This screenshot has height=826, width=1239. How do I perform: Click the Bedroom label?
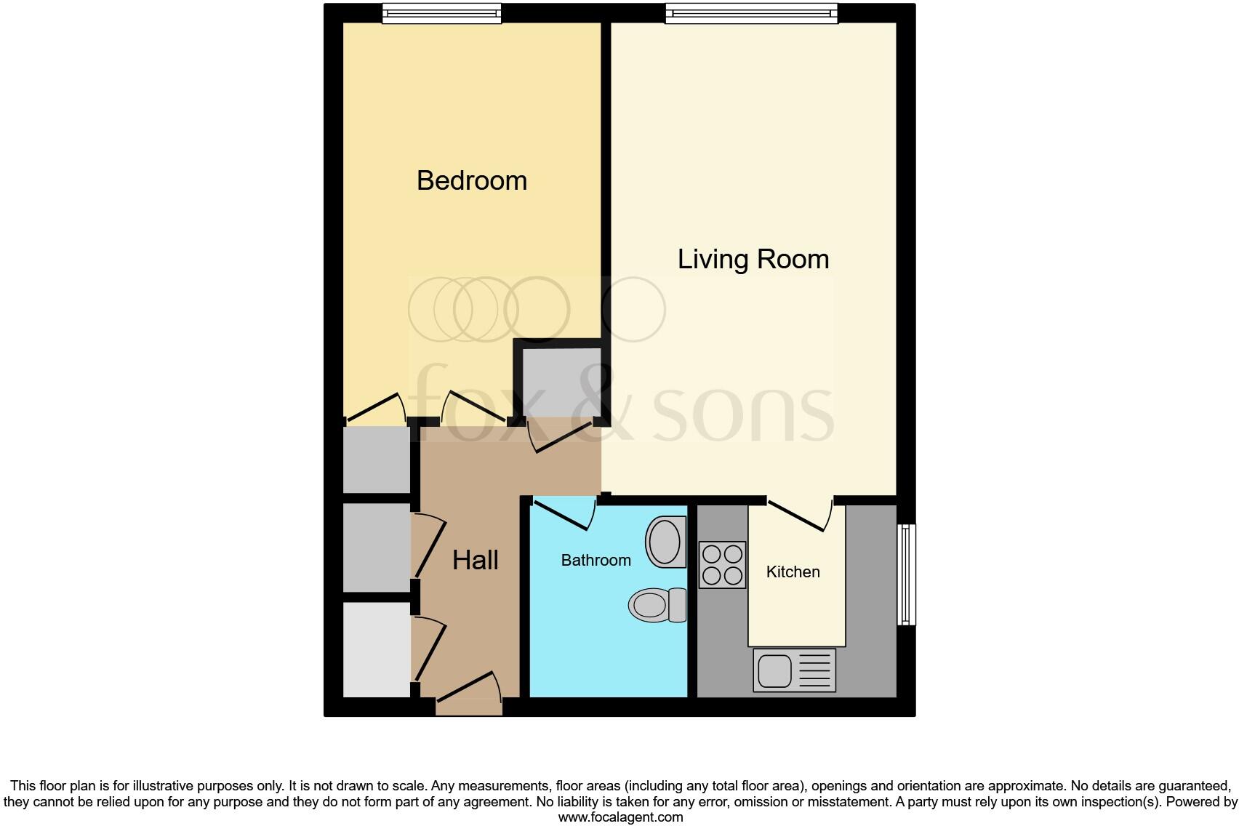pyautogui.click(x=471, y=180)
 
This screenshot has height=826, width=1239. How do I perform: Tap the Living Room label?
pyautogui.click(x=753, y=259)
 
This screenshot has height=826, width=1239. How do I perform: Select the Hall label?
pyautogui.click(x=476, y=560)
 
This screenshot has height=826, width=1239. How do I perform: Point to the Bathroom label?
pyautogui.click(x=596, y=560)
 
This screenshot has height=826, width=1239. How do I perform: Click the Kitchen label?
pyautogui.click(x=793, y=572)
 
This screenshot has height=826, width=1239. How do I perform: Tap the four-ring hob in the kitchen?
pyautogui.click(x=722, y=565)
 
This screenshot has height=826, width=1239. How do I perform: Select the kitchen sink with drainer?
pyautogui.click(x=795, y=670)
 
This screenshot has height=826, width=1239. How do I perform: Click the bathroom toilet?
pyautogui.click(x=656, y=605)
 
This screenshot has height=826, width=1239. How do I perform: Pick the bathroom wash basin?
pyautogui.click(x=665, y=542)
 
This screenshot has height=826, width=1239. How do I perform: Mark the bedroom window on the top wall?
pyautogui.click(x=441, y=14)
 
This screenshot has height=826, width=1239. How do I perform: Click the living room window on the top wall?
pyautogui.click(x=751, y=14)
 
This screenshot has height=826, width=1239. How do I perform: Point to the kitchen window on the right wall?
pyautogui.click(x=906, y=574)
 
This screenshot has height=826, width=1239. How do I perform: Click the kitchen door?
pyautogui.click(x=800, y=516)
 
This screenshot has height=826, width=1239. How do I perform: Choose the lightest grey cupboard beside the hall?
pyautogui.click(x=377, y=649)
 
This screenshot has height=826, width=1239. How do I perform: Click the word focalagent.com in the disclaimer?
pyautogui.click(x=620, y=817)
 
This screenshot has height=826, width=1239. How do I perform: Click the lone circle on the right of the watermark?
pyautogui.click(x=633, y=310)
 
